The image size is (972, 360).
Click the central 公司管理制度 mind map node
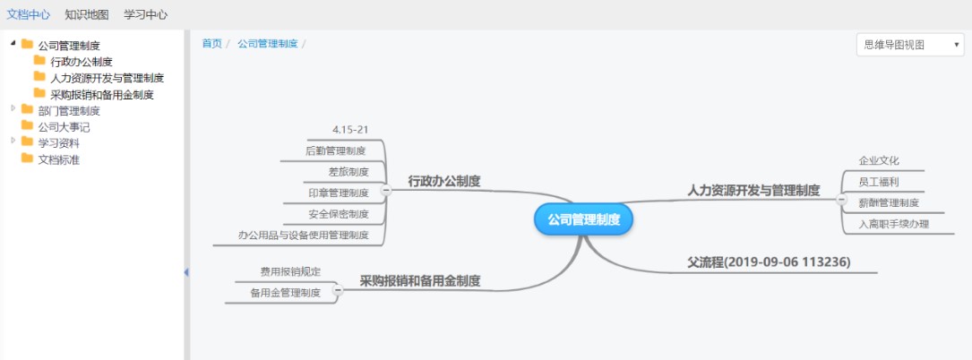tap(583, 219)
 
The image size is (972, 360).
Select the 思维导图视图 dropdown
tap(910, 45)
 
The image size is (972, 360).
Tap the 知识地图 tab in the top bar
tap(87, 14)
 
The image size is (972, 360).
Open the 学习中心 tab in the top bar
tap(146, 14)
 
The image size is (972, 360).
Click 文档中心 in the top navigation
tap(29, 14)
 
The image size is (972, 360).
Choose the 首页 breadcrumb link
tap(211, 43)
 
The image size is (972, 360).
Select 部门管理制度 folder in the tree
tap(69, 111)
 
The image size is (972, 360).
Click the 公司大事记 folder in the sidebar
tap(64, 127)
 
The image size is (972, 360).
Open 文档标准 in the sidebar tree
tap(59, 159)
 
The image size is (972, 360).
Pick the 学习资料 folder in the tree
tap(59, 143)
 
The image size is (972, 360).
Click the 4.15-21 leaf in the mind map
tap(350, 130)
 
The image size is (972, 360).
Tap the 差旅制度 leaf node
tap(348, 172)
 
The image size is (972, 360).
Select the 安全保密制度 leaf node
tap(339, 214)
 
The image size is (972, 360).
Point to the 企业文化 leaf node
tap(879, 160)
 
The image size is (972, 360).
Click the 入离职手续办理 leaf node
tap(894, 224)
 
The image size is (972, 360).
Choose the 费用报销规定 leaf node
tap(291, 271)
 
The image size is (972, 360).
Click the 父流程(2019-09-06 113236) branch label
tap(769, 262)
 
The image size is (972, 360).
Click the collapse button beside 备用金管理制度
tap(339, 289)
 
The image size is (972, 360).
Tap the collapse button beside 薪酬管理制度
tap(841, 200)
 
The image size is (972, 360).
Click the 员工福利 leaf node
tap(879, 182)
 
